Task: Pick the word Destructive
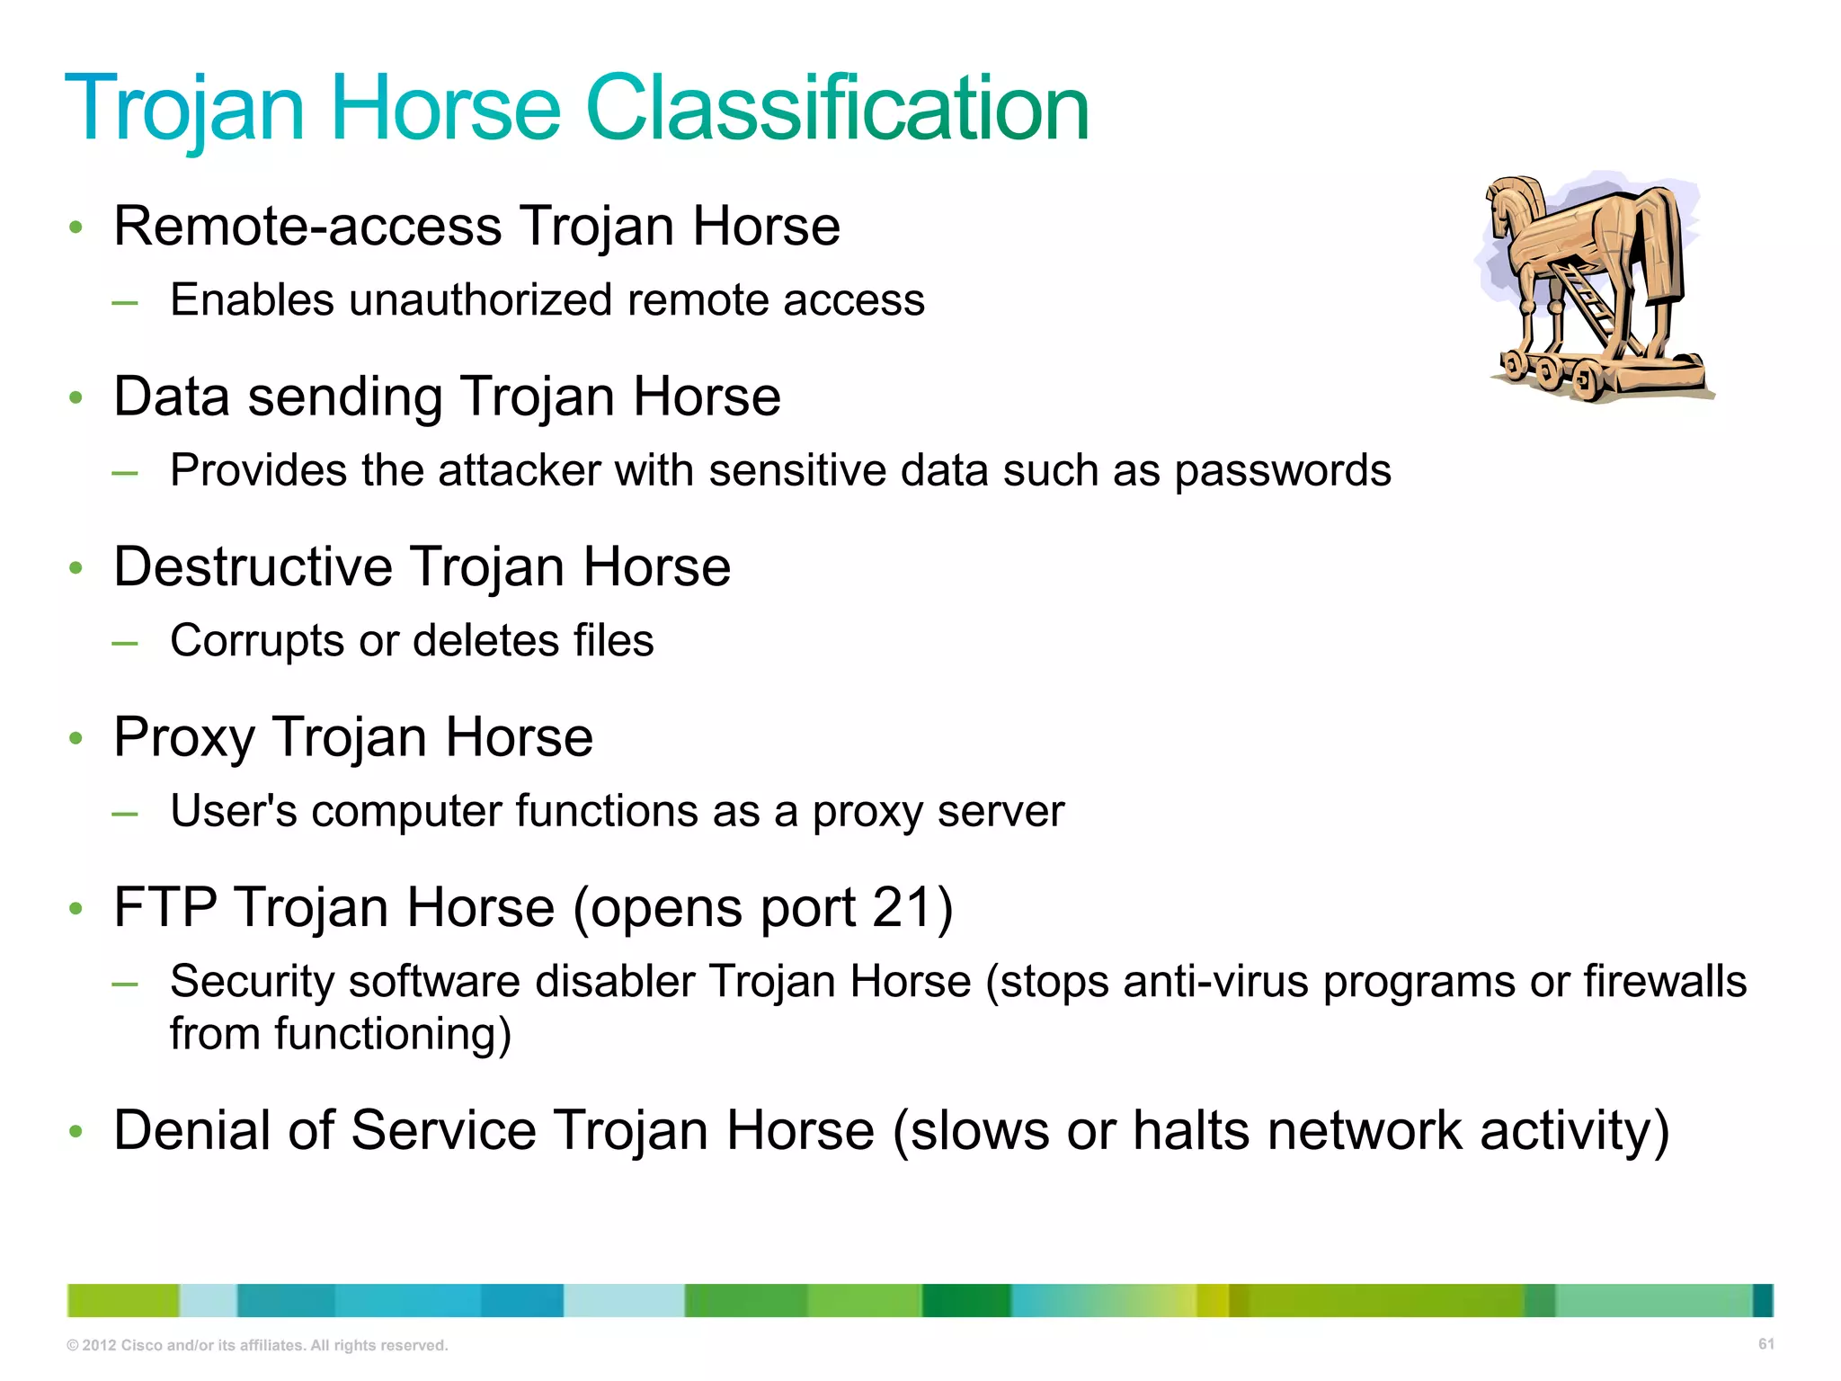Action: coord(253,566)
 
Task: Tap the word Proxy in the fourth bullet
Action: coord(184,738)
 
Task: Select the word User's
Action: coord(234,810)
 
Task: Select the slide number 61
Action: coord(1765,1343)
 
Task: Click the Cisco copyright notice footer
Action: coord(257,1345)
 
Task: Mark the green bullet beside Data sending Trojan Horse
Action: coord(76,397)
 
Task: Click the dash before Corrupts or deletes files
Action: coord(125,643)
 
